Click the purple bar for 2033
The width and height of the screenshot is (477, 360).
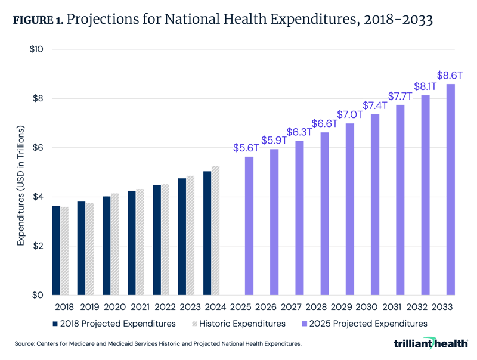click(451, 190)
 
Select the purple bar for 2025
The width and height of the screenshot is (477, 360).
click(249, 226)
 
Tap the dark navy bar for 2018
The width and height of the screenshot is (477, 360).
click(56, 250)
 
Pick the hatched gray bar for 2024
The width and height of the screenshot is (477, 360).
click(216, 230)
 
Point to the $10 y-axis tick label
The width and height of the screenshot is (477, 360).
click(37, 49)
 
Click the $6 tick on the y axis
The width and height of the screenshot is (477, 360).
click(39, 148)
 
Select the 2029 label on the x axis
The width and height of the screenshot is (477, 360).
click(349, 307)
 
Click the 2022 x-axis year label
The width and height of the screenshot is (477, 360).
click(165, 307)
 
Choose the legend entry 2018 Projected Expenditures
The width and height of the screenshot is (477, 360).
click(113, 324)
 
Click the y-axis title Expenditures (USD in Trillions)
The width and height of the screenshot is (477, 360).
click(21, 185)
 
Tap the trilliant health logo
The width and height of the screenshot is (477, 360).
click(431, 343)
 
